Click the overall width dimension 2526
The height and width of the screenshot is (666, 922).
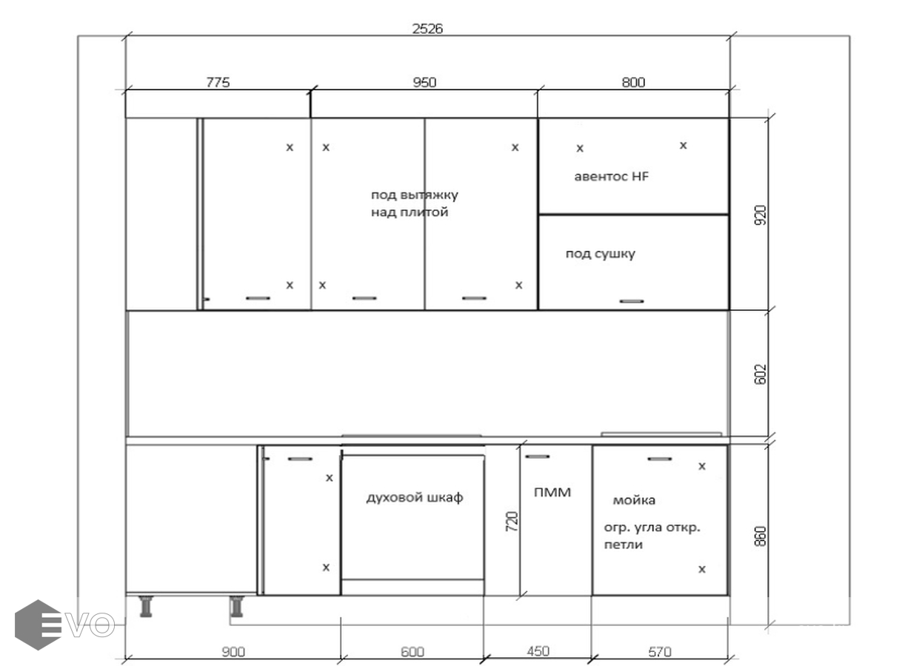pyautogui.click(x=427, y=29)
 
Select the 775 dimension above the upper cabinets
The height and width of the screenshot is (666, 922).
pyautogui.click(x=218, y=82)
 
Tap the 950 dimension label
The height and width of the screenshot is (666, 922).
pyautogui.click(x=424, y=82)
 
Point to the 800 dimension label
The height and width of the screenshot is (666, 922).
pyautogui.click(x=633, y=82)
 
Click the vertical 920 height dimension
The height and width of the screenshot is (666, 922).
pyautogui.click(x=761, y=215)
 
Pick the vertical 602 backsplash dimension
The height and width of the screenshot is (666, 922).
pyautogui.click(x=761, y=374)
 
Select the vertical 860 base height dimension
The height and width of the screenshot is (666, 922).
pyautogui.click(x=761, y=536)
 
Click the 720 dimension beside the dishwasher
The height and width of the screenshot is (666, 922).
pyautogui.click(x=512, y=521)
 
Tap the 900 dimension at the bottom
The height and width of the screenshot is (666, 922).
pyautogui.click(x=233, y=652)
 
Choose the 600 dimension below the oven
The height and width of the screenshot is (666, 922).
pyautogui.click(x=412, y=652)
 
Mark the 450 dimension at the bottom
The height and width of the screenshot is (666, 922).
pyautogui.click(x=538, y=650)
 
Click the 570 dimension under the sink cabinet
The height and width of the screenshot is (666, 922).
pyautogui.click(x=659, y=652)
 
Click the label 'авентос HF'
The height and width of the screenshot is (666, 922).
pyautogui.click(x=611, y=176)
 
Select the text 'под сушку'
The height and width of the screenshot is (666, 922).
pyautogui.click(x=600, y=254)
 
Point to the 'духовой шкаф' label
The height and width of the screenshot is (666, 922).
pyautogui.click(x=415, y=497)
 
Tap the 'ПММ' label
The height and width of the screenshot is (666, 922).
pyautogui.click(x=552, y=492)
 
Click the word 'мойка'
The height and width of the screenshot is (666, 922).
pyautogui.click(x=634, y=500)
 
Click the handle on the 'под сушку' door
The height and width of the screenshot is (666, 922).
pyautogui.click(x=632, y=301)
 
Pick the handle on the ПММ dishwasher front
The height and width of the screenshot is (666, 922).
pyautogui.click(x=538, y=456)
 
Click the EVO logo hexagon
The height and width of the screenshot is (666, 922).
pyautogui.click(x=38, y=625)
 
